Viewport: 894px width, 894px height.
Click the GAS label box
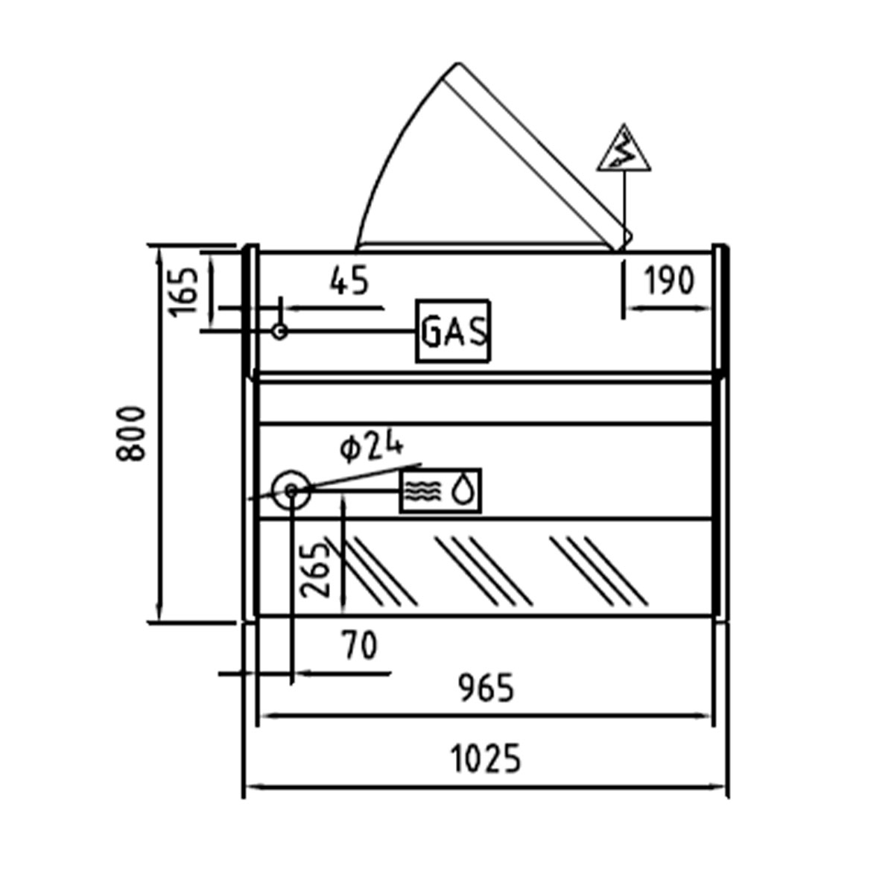point(453,332)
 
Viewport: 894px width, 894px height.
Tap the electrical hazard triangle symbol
point(624,150)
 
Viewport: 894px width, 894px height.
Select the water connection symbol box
point(440,491)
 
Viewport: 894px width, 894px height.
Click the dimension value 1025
point(486,760)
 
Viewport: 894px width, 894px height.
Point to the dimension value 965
point(486,688)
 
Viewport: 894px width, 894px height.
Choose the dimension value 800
point(132,434)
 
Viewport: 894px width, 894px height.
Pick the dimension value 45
point(349,281)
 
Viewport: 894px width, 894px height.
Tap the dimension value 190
point(668,282)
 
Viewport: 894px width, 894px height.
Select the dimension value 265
point(315,570)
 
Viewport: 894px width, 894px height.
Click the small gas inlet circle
point(279,331)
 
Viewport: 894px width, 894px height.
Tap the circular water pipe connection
point(291,490)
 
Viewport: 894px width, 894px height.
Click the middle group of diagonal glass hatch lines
point(484,570)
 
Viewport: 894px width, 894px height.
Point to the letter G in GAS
point(432,332)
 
